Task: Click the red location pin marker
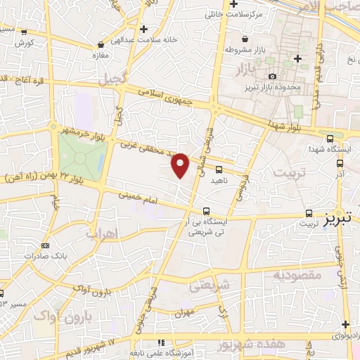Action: (181, 165)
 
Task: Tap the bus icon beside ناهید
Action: (219, 169)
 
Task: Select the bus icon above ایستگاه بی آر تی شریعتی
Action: (206, 210)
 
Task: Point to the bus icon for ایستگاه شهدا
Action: (330, 138)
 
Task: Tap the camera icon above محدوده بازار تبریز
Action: (272, 76)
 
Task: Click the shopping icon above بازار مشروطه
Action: (244, 39)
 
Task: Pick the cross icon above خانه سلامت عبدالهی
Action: (144, 29)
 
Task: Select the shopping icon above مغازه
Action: (100, 45)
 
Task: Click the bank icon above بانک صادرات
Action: (45, 245)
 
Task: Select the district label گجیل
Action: (113, 79)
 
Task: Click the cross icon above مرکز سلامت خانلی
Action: (233, 4)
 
